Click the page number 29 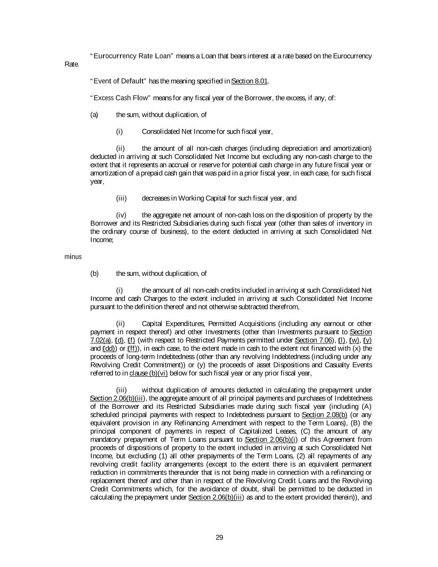(x=220, y=538)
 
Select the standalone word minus (x=73, y=257)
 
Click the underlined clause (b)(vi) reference (x=149, y=373)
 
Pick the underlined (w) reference (x=355, y=340)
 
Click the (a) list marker (x=94, y=115)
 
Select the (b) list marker (x=94, y=273)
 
